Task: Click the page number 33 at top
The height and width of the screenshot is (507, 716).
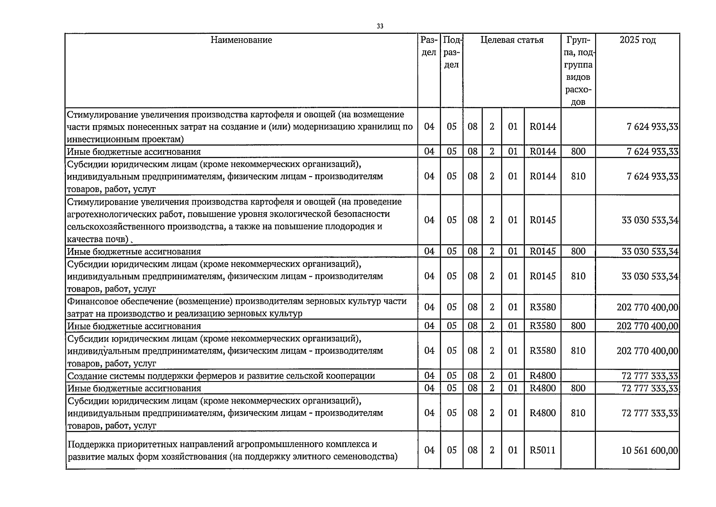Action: [380, 26]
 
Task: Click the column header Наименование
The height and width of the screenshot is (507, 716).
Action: [241, 40]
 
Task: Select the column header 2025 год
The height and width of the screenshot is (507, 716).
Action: [637, 40]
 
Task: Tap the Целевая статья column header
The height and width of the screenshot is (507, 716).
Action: [512, 40]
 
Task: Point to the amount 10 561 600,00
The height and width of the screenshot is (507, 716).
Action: [650, 450]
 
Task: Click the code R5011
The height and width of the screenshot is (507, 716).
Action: [542, 450]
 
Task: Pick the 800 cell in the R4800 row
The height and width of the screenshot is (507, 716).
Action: [578, 388]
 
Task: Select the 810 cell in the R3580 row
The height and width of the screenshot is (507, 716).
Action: [578, 351]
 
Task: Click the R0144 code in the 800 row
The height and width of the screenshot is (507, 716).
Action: [542, 152]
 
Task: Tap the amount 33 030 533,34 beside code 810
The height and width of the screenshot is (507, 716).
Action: [650, 276]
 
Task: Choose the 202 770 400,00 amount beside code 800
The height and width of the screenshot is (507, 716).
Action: [647, 326]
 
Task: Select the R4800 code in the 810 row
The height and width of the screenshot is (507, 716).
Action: [542, 413]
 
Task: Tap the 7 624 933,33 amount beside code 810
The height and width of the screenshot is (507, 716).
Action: [652, 177]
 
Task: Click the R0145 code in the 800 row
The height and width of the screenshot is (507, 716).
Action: [542, 251]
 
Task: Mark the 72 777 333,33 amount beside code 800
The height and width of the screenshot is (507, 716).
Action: [650, 388]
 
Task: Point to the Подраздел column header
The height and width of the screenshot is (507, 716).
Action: [451, 53]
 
